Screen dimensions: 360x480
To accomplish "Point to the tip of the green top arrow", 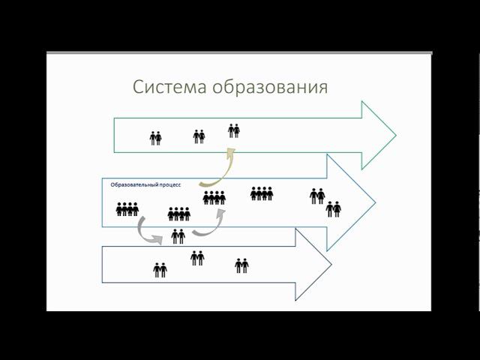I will tap(395, 135).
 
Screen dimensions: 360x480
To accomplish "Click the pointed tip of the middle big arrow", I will tap(374, 202).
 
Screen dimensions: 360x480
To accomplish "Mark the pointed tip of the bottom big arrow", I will tap(331, 265).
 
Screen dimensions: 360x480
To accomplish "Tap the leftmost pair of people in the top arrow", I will tap(156, 138).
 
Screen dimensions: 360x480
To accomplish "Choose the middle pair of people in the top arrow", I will tap(199, 136).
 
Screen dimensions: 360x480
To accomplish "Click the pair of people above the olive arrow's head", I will tap(234, 130).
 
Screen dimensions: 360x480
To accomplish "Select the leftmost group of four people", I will tap(127, 209).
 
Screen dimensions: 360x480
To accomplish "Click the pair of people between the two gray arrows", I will tap(178, 236).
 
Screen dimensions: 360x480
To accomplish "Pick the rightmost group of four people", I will tap(262, 193).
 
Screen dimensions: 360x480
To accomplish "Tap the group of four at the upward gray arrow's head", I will tap(214, 197).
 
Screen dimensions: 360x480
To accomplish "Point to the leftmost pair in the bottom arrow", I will tap(160, 270).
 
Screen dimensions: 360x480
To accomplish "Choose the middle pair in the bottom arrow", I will tap(197, 258).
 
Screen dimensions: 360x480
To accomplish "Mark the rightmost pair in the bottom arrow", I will tap(241, 265).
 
